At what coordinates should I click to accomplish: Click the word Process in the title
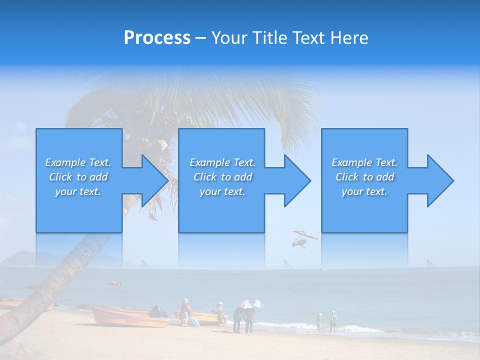click(157, 38)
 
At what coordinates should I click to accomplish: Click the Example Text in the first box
click(78, 162)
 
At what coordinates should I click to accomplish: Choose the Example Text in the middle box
click(222, 162)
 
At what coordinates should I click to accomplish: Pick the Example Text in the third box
click(364, 162)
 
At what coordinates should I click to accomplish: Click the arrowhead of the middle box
click(296, 180)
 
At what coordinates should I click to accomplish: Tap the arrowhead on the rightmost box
click(439, 180)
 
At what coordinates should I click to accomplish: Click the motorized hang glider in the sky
click(303, 238)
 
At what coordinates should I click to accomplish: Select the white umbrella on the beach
click(245, 304)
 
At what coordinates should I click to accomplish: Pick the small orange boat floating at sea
click(115, 283)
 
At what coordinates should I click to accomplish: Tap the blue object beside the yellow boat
click(193, 322)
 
